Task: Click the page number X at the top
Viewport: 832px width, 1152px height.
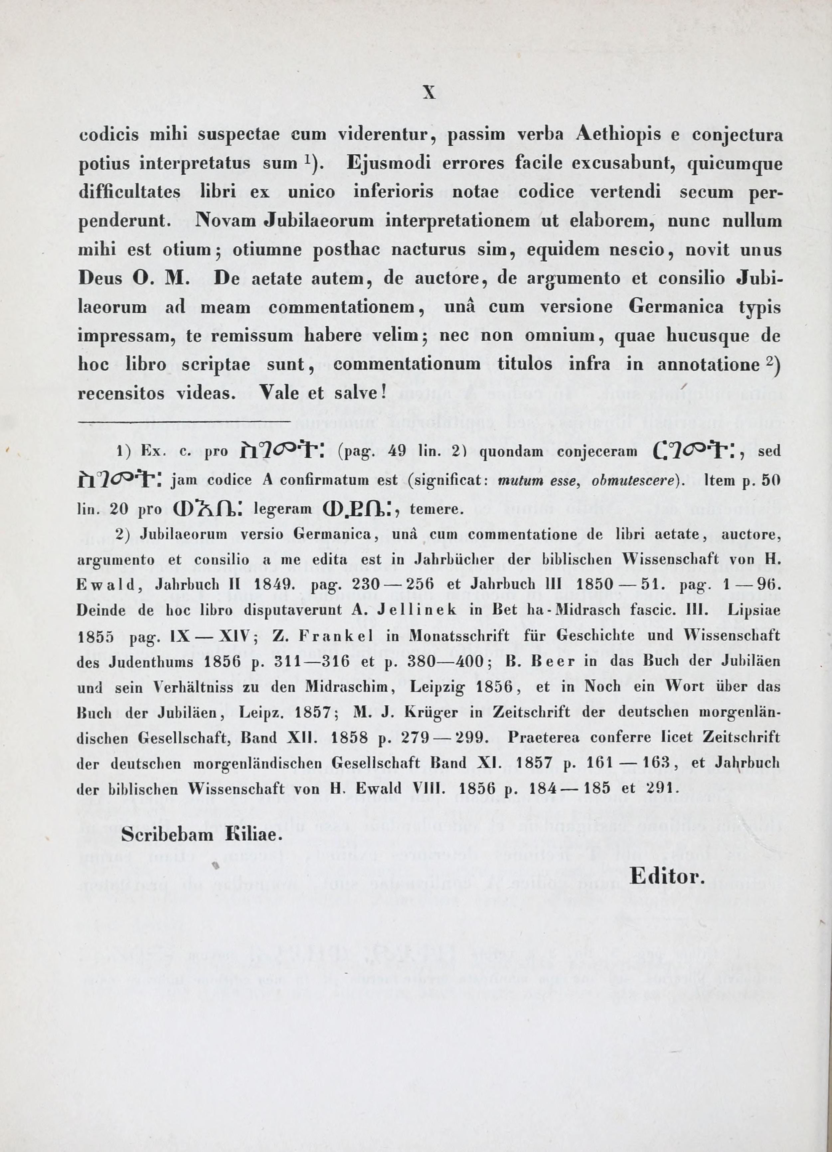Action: [x=429, y=93]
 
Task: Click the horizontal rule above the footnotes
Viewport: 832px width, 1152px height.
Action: [x=184, y=421]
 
